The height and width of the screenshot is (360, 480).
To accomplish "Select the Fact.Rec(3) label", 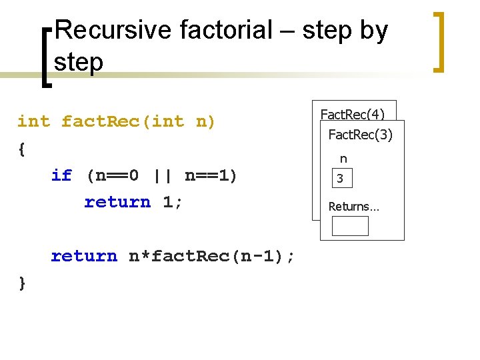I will (x=361, y=135).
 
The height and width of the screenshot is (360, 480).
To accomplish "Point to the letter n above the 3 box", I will (x=343, y=159).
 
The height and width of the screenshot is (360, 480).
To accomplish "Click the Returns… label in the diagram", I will (x=353, y=207).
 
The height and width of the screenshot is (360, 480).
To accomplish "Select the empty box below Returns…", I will (x=350, y=226).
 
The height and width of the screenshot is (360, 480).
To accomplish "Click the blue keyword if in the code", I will (x=61, y=175).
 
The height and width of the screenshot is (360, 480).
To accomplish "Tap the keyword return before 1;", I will (x=117, y=202).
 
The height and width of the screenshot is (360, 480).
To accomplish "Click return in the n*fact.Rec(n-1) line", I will (x=84, y=256).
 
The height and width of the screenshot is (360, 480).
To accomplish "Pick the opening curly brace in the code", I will (x=22, y=149).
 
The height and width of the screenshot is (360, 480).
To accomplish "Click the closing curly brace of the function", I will (x=22, y=283).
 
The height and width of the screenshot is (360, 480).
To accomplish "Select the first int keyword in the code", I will (x=33, y=121).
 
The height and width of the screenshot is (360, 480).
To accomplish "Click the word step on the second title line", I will (x=79, y=63).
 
